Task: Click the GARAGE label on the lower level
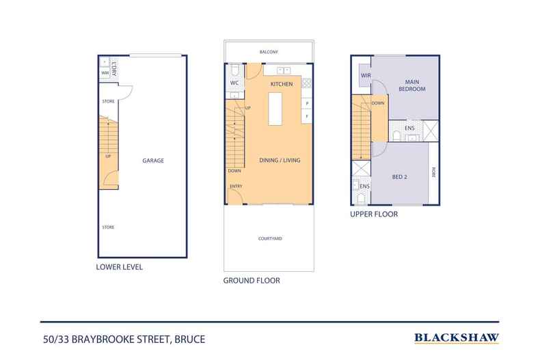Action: tap(153, 161)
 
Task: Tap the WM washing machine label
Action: tap(105, 72)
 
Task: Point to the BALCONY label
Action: tap(269, 52)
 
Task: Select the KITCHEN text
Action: tap(282, 84)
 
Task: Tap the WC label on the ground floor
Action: tap(234, 83)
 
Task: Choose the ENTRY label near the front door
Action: tap(236, 186)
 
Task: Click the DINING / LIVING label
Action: tap(280, 161)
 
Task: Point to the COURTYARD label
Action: tap(270, 238)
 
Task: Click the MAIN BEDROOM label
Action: tap(412, 85)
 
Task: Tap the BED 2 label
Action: tap(400, 177)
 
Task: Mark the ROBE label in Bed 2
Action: tap(433, 174)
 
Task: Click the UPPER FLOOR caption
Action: tap(374, 214)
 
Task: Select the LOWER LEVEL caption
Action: tap(120, 267)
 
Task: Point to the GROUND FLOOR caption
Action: tap(252, 281)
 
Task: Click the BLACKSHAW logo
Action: tap(457, 337)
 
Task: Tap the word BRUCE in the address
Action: tap(190, 338)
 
